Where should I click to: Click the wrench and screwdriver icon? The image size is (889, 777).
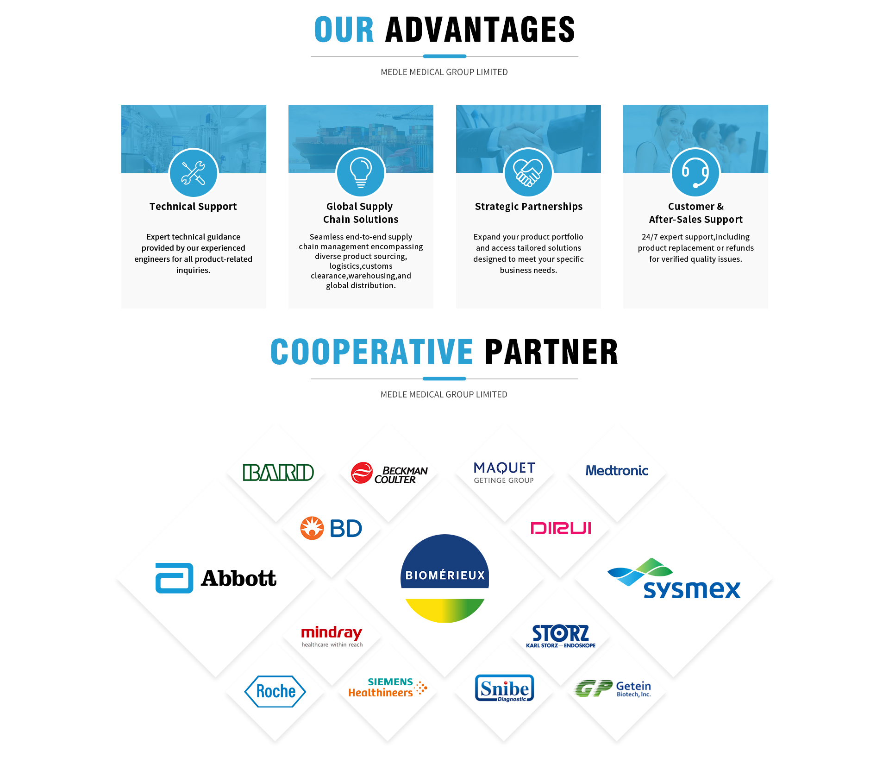click(193, 173)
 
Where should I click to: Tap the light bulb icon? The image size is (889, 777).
click(361, 172)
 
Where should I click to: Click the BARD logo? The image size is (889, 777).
click(278, 472)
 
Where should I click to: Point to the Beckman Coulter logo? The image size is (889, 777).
click(389, 473)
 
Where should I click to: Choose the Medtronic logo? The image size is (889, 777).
click(617, 471)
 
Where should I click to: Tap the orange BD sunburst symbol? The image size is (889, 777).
click(312, 528)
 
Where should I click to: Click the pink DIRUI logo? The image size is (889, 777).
click(561, 528)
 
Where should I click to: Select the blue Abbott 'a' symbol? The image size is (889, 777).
click(174, 578)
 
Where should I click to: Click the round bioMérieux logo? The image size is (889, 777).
click(444, 578)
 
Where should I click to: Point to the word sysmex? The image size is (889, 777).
click(692, 589)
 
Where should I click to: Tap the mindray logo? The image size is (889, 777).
click(332, 636)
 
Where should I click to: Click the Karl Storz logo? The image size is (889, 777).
click(561, 636)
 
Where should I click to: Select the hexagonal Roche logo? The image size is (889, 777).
click(275, 691)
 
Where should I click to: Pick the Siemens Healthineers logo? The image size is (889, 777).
click(388, 688)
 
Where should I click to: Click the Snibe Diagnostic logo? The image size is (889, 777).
click(504, 688)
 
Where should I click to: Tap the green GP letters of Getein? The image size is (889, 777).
click(593, 689)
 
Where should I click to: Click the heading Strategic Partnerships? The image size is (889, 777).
click(529, 207)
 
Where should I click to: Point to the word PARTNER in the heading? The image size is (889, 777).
click(551, 352)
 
